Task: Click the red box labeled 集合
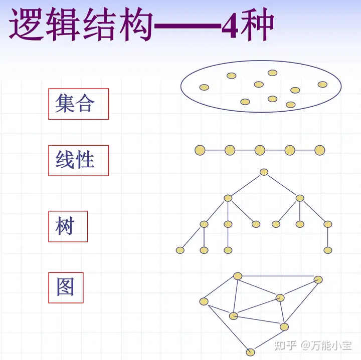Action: point(78,104)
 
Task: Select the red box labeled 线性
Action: point(78,160)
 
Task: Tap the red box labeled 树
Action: point(68,226)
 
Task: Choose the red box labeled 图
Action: point(66,287)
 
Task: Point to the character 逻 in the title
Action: point(28,24)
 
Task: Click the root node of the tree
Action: point(264,172)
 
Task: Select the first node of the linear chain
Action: point(200,150)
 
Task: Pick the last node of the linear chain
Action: point(319,150)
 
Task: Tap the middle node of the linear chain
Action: point(260,150)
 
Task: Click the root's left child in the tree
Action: point(228,198)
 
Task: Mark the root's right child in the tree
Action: point(300,198)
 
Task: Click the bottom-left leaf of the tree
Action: point(180,250)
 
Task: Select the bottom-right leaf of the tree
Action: point(328,250)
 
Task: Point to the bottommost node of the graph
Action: point(250,351)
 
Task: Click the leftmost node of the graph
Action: point(204,301)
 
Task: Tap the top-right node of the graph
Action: point(318,279)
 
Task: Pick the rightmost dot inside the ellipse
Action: point(322,84)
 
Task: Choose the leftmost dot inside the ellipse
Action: point(204,87)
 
